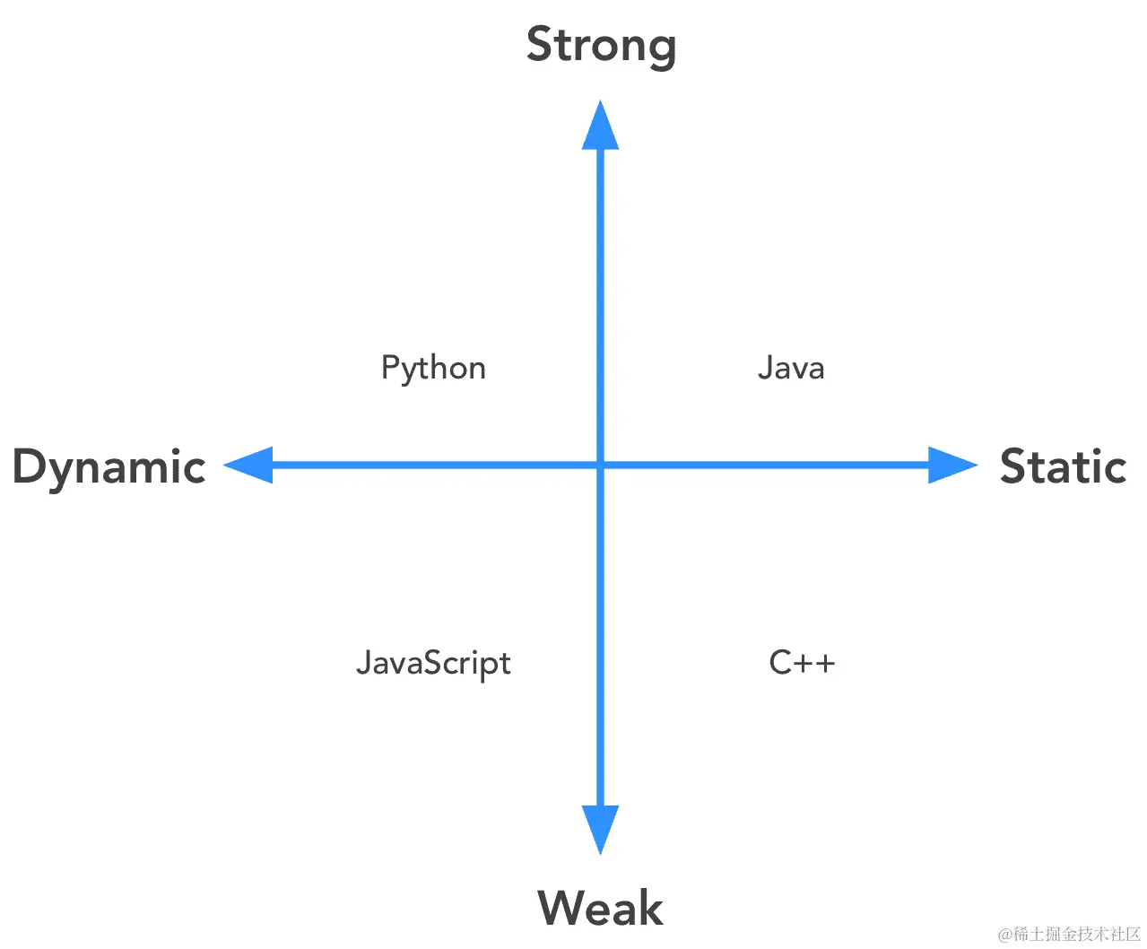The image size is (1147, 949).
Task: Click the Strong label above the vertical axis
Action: [x=601, y=46]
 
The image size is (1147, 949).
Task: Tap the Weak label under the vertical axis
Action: [x=600, y=908]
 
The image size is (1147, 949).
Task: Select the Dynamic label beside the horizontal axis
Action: [x=109, y=467]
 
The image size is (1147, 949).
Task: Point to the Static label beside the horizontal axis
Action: [x=1063, y=466]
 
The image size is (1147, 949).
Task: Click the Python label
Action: [x=433, y=369]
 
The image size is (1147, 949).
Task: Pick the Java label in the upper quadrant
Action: [x=791, y=368]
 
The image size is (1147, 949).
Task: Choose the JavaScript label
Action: [x=433, y=664]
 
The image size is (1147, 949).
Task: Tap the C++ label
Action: [x=802, y=663]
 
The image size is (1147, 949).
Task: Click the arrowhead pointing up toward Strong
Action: [x=601, y=126]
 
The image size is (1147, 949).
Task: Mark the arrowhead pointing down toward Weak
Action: [x=601, y=828]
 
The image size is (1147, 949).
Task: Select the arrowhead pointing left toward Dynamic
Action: [x=249, y=466]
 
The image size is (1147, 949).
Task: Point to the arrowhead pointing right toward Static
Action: [x=951, y=466]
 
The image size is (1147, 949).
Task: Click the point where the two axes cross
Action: [x=601, y=466]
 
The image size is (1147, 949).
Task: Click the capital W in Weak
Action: [x=561, y=908]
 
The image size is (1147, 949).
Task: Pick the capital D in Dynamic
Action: [x=30, y=466]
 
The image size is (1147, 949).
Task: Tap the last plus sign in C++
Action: [x=825, y=663]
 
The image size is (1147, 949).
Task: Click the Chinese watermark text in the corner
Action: [x=1069, y=935]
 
